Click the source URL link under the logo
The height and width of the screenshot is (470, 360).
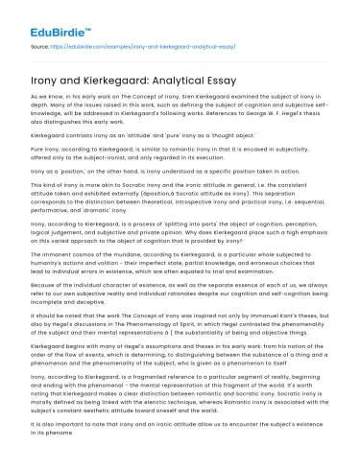click(x=144, y=45)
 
